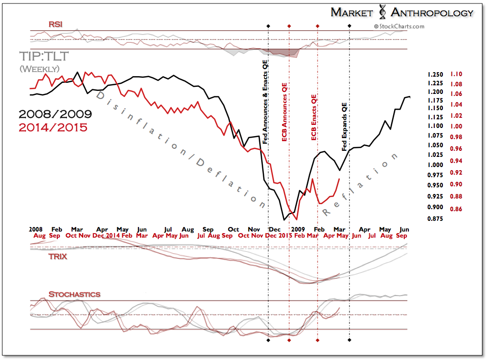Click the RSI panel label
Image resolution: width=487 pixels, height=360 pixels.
(56, 24)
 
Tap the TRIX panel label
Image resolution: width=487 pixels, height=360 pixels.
(58, 256)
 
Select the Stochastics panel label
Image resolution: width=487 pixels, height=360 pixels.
(75, 294)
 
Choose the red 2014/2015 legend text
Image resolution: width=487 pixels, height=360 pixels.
(53, 127)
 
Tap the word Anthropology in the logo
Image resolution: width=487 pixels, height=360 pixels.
(432, 12)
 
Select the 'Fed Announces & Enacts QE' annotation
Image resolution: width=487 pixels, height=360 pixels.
(265, 102)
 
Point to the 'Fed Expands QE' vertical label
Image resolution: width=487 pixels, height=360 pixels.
(345, 126)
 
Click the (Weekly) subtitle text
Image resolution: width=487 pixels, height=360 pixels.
(40, 69)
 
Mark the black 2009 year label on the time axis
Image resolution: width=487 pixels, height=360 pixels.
(298, 229)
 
